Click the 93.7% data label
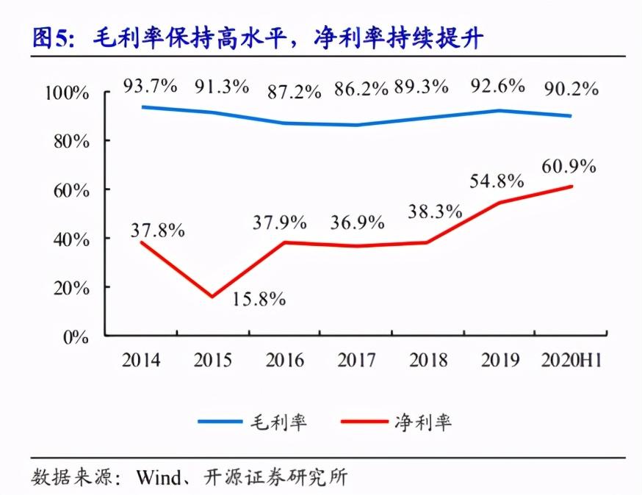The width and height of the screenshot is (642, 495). click(151, 85)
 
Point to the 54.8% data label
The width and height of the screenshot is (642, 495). click(497, 181)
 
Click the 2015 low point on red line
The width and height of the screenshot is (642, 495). click(212, 297)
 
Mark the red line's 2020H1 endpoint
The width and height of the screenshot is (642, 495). click(571, 187)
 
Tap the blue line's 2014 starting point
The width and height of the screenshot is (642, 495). click(142, 106)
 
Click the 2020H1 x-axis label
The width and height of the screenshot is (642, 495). click(571, 361)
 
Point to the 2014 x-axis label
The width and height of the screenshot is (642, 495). click(142, 361)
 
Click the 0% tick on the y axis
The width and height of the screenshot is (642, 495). click(76, 338)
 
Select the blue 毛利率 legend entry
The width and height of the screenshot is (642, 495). click(253, 422)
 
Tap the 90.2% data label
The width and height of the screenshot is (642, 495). click(571, 90)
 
